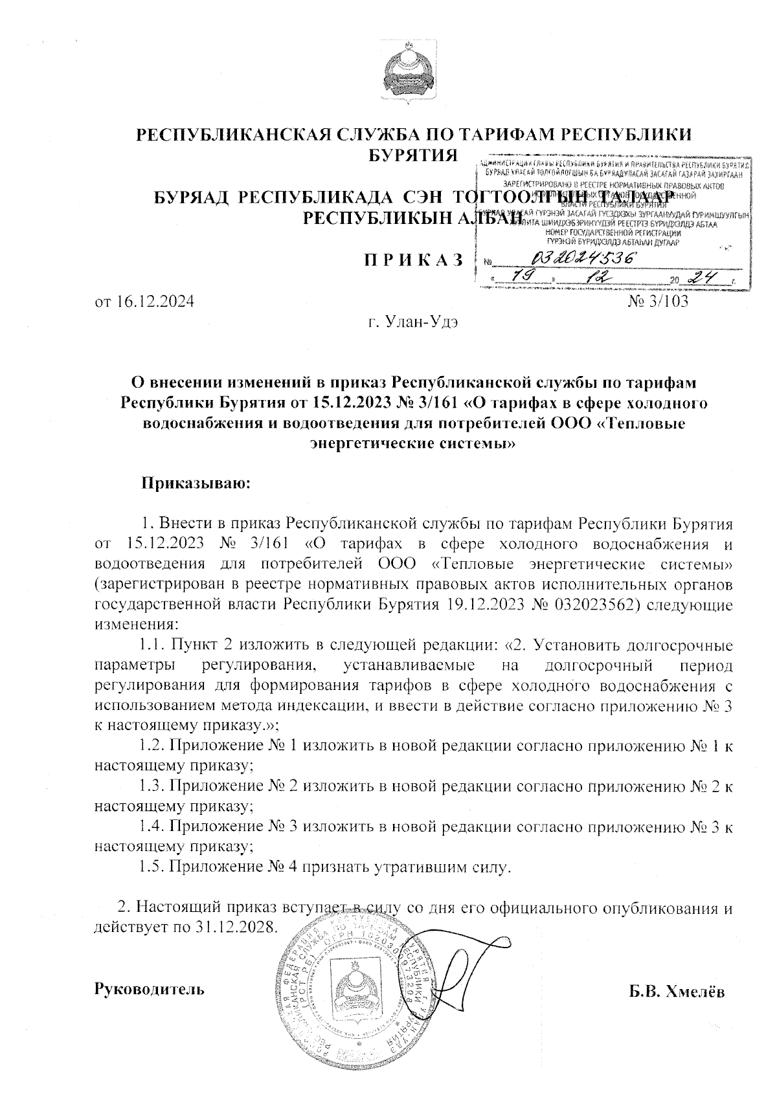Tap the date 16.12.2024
pos(144,302)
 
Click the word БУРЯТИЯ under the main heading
pos(412,155)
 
